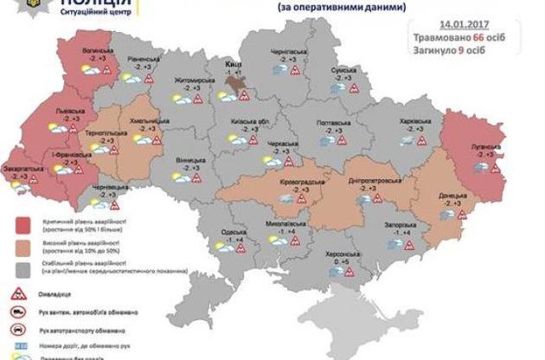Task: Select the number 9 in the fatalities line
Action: (x=481, y=52)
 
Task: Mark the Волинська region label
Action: (x=99, y=52)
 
